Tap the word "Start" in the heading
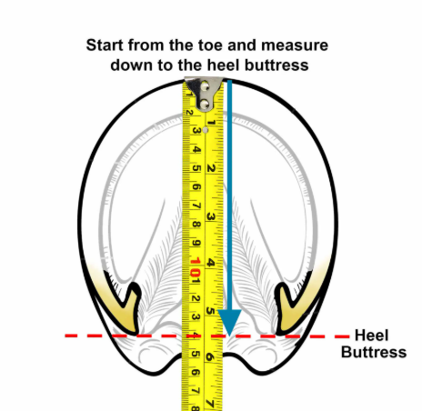pyautogui.click(x=105, y=45)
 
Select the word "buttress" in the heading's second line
pyautogui.click(x=276, y=65)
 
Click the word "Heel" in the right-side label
pyautogui.click(x=371, y=336)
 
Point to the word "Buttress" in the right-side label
pyautogui.click(x=374, y=352)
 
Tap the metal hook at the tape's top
pyautogui.click(x=204, y=94)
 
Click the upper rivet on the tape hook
pyautogui.click(x=205, y=87)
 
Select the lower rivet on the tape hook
pyautogui.click(x=205, y=104)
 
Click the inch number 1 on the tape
pyautogui.click(x=212, y=123)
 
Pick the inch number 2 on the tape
pyautogui.click(x=211, y=169)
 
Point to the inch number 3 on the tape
pyautogui.click(x=211, y=216)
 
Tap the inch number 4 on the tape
pyautogui.click(x=210, y=263)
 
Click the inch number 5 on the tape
pyautogui.click(x=210, y=311)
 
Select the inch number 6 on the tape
pyautogui.click(x=209, y=357)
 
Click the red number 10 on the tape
pyautogui.click(x=196, y=266)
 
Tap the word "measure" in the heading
pyautogui.click(x=295, y=45)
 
